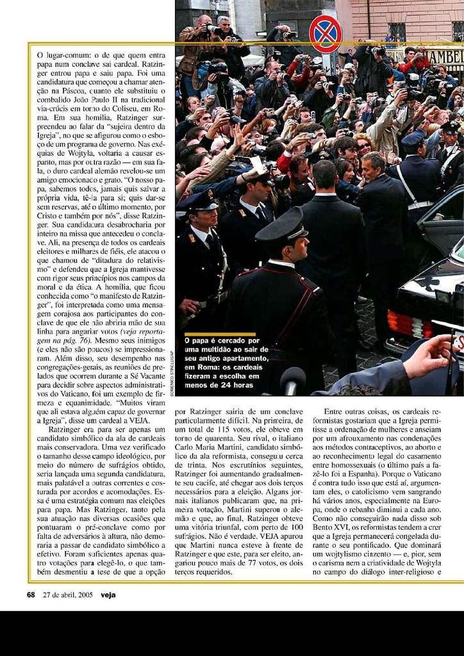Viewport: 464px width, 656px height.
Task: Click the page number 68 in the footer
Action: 31,594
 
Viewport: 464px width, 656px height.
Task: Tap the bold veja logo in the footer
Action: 108,594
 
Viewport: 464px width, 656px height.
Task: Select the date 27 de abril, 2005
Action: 68,594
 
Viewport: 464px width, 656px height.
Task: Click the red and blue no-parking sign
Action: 326,33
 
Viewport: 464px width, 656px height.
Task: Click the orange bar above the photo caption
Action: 219,334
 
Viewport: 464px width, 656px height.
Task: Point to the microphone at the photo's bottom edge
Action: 292,382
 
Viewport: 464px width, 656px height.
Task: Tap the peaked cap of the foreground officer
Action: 282,227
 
